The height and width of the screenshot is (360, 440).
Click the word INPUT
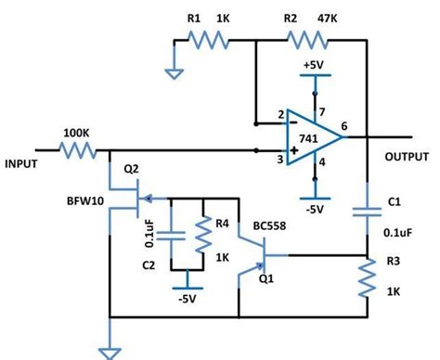(x=21, y=163)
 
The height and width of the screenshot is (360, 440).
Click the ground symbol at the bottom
(x=111, y=351)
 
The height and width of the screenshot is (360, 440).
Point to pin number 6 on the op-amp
(x=345, y=125)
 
